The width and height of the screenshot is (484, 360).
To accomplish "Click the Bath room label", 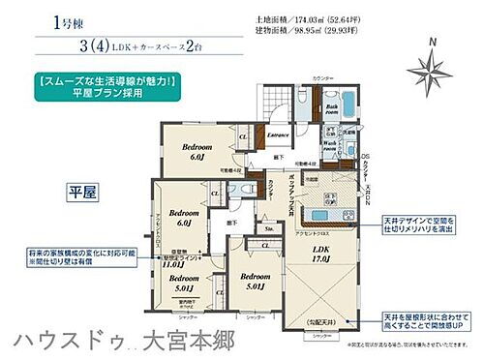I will pyautogui.click(x=331, y=111).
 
